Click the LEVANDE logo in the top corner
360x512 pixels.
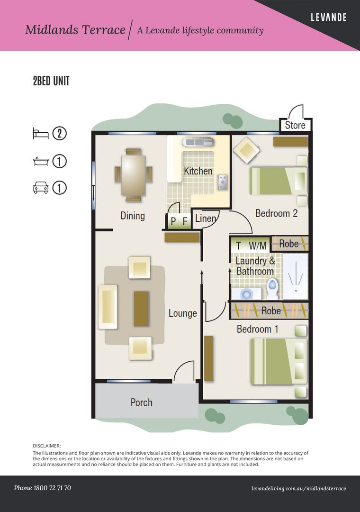(329, 17)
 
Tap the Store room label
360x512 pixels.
(295, 125)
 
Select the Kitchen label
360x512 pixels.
(198, 171)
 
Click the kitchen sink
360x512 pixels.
(198, 142)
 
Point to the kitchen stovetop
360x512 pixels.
(223, 182)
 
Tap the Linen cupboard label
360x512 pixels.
(206, 218)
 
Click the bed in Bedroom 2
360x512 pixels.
(279, 181)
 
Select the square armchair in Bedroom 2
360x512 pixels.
(246, 150)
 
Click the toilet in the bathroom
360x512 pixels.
(272, 288)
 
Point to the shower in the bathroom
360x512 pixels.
(296, 276)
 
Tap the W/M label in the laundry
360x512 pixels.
(258, 246)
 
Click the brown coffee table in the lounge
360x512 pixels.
(141, 309)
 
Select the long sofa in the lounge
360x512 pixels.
(108, 307)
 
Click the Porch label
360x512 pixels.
(141, 402)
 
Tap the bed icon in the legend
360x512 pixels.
(40, 134)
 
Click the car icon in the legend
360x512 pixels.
(41, 188)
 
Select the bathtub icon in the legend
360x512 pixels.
(41, 161)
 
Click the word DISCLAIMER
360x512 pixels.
(47, 446)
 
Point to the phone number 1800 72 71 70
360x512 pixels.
(52, 488)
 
